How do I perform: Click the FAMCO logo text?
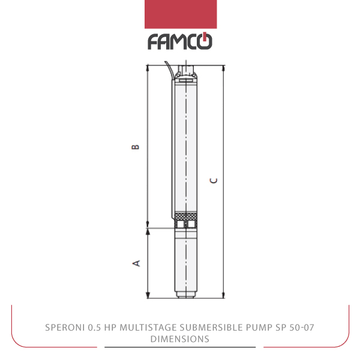[180, 41]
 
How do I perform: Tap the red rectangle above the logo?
[181, 14]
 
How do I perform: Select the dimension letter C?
[214, 181]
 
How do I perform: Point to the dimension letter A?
[136, 263]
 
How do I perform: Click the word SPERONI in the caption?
[65, 328]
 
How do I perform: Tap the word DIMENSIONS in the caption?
[180, 339]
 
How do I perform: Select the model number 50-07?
[302, 328]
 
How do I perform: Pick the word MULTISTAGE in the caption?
[148, 328]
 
